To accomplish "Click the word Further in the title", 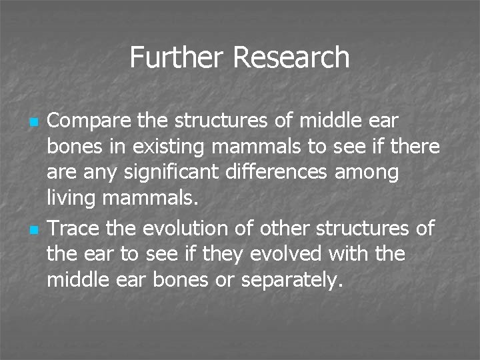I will (177, 57).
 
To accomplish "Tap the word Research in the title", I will (291, 57).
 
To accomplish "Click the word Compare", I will (89, 121).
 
